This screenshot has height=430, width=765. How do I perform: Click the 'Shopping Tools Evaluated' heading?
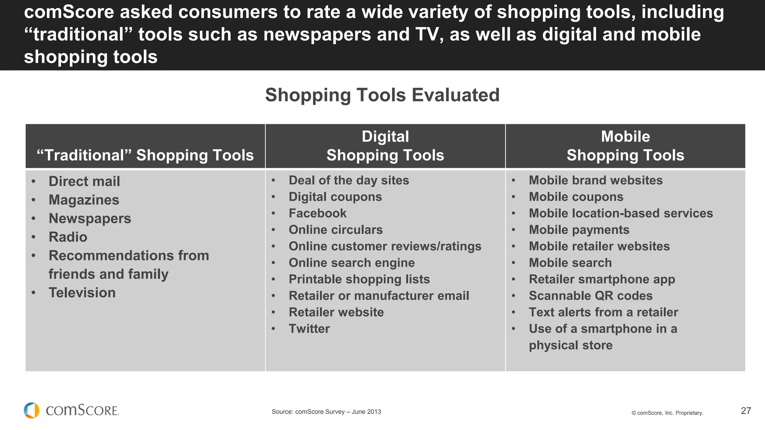(x=382, y=95)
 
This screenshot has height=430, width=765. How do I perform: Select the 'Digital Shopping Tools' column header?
(x=385, y=146)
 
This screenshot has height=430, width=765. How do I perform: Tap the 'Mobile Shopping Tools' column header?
(x=625, y=146)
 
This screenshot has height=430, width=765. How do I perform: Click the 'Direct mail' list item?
(x=84, y=181)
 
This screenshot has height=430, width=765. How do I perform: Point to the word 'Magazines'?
(x=84, y=200)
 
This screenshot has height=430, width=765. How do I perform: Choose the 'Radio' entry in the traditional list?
(x=68, y=237)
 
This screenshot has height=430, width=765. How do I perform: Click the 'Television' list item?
(x=82, y=293)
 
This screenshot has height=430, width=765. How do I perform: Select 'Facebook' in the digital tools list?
(x=318, y=213)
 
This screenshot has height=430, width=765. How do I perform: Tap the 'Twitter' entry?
(x=309, y=328)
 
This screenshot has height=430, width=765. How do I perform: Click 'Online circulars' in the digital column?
(x=335, y=230)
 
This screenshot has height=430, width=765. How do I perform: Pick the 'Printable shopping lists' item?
(x=359, y=279)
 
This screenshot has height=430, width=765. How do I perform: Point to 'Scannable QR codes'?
(x=591, y=296)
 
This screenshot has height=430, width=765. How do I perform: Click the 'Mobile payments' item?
(x=579, y=230)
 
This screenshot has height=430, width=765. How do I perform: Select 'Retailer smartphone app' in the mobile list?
(x=602, y=279)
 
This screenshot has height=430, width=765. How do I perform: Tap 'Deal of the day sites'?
(x=349, y=180)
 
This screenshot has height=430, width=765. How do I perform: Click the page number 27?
(x=746, y=411)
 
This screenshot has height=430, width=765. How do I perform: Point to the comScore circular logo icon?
(x=32, y=410)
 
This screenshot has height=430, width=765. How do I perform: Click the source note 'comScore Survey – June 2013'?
(x=326, y=412)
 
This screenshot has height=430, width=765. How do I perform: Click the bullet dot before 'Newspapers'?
(x=34, y=218)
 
